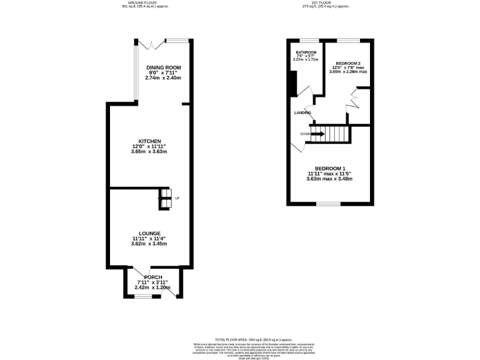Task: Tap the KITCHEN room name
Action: coord(150,141)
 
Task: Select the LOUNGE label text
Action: coord(150,233)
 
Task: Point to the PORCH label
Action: coord(153,277)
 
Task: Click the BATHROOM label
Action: coord(306,52)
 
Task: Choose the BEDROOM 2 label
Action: coord(348,63)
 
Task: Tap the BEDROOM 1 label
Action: coord(329,169)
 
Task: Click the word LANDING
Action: coord(303,112)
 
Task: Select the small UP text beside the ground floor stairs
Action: coord(177,199)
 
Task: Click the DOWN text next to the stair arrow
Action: coord(304,134)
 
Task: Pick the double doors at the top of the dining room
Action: coord(152,44)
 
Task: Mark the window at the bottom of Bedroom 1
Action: coord(329,204)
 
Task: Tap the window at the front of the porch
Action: coord(144,297)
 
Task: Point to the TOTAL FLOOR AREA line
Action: coord(240,338)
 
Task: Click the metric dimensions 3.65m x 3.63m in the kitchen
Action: coord(150,152)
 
